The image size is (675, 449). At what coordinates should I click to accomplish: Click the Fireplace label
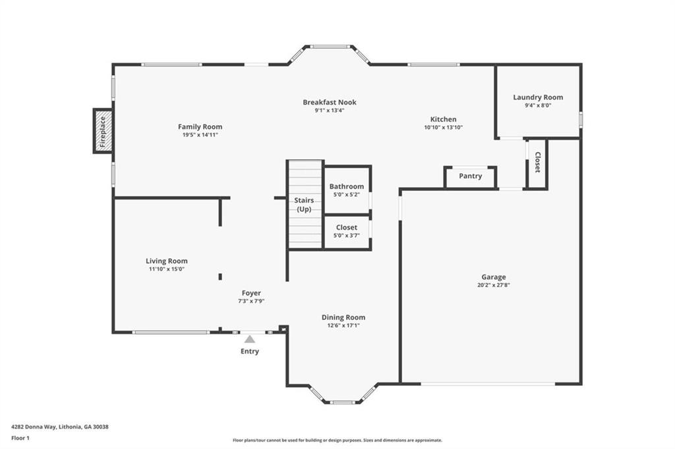102,132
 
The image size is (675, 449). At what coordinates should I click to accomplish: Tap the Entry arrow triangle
250,339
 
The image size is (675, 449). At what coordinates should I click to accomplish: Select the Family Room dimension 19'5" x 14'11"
200,134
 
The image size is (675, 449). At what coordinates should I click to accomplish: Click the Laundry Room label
538,97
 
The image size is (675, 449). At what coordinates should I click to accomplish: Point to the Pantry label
470,176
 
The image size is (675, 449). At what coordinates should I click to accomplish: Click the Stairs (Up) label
304,205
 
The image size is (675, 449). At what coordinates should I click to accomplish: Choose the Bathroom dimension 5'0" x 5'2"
347,194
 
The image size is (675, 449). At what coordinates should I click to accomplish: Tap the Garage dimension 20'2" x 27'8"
494,284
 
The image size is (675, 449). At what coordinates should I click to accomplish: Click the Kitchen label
444,119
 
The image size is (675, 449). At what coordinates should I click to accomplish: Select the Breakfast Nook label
330,102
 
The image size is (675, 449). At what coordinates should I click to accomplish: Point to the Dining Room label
343,317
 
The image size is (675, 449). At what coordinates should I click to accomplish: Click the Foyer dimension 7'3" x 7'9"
251,301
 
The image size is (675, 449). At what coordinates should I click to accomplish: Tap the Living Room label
167,261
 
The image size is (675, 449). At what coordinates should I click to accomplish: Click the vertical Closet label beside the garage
537,162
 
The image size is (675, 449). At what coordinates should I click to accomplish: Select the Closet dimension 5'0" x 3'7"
347,235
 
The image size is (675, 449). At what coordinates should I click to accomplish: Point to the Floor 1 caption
20,438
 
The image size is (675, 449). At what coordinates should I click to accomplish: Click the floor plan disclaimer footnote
337,440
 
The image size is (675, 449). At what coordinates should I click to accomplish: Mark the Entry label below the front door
250,352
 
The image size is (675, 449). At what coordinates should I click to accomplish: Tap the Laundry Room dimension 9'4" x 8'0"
538,105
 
